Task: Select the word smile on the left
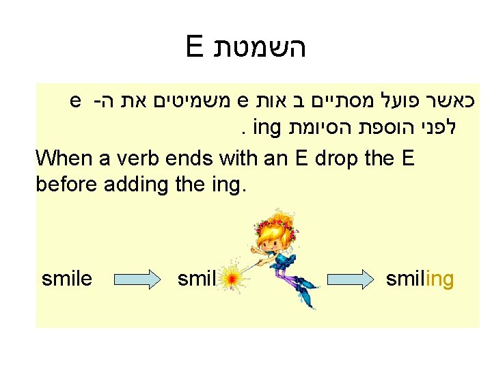click(67, 279)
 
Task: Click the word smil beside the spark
click(196, 279)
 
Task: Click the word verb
click(139, 158)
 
